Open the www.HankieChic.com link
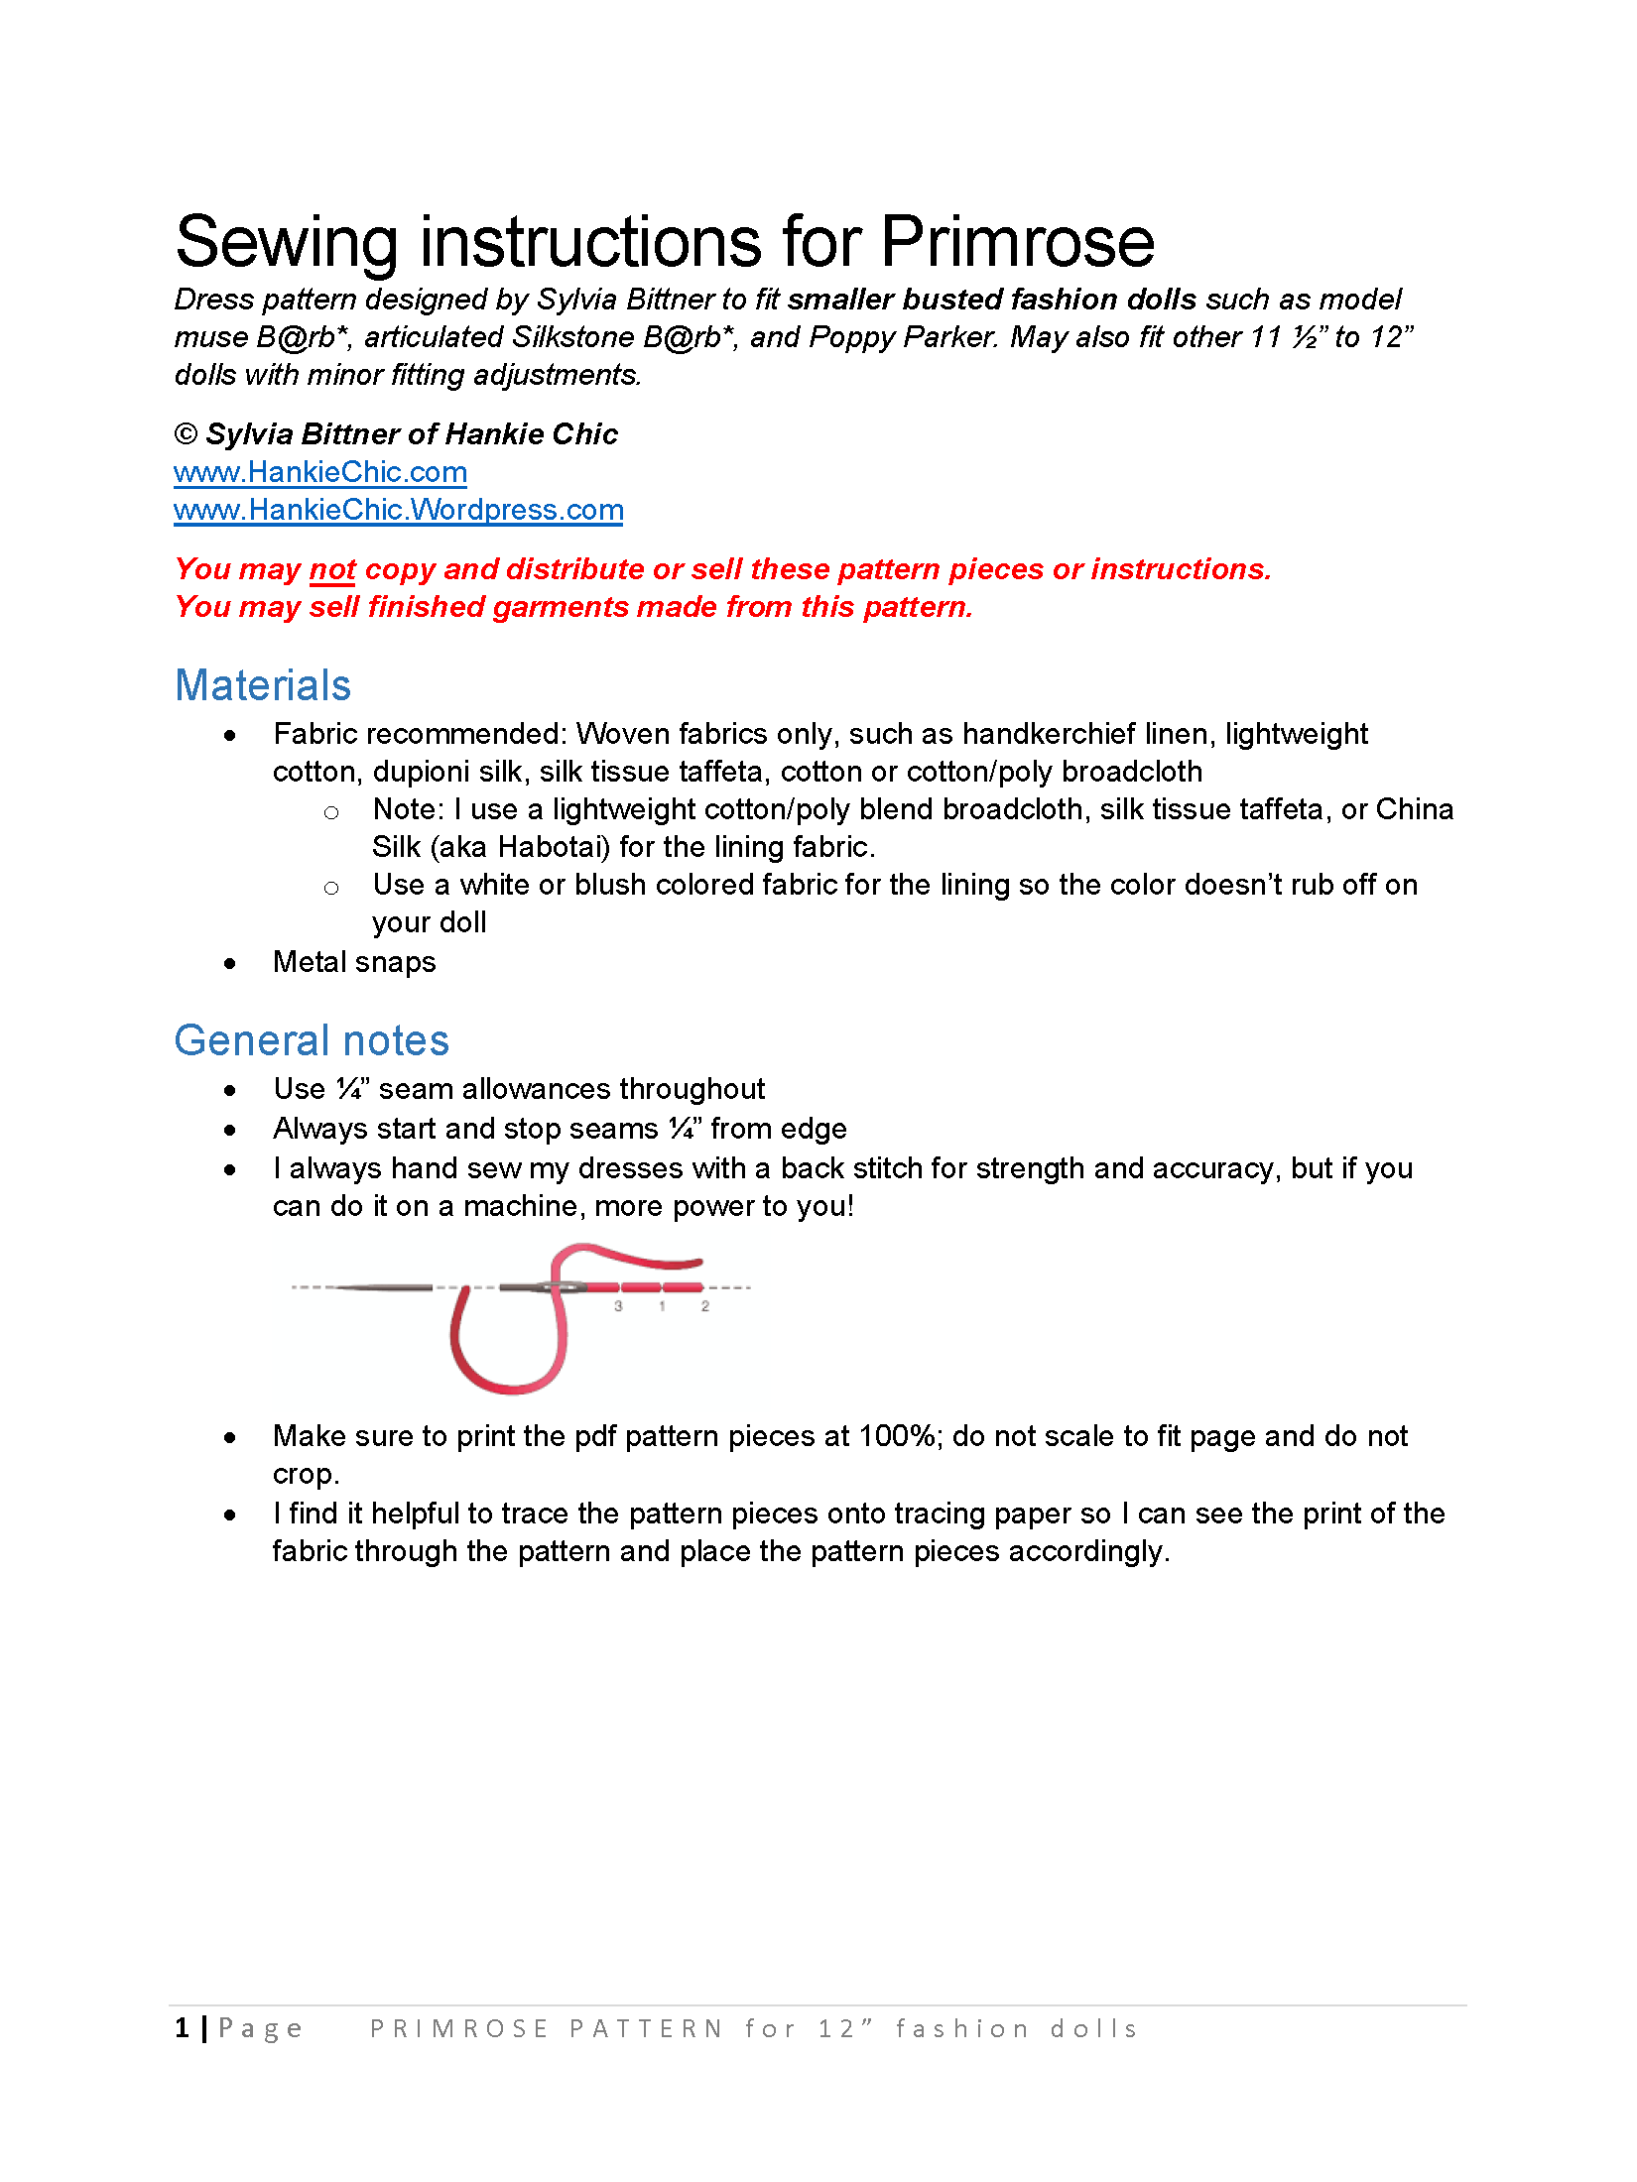click(320, 472)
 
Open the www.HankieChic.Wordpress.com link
click(398, 510)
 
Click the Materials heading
click(263, 685)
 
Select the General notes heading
click(312, 1040)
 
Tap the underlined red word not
click(332, 569)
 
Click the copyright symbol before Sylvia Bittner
click(186, 434)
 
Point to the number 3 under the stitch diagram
click(618, 1306)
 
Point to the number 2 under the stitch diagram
click(705, 1306)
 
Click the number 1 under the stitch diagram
click(662, 1306)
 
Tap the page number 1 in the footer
click(183, 2028)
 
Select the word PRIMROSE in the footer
click(459, 2029)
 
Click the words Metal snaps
click(354, 962)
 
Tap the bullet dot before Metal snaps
click(230, 963)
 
